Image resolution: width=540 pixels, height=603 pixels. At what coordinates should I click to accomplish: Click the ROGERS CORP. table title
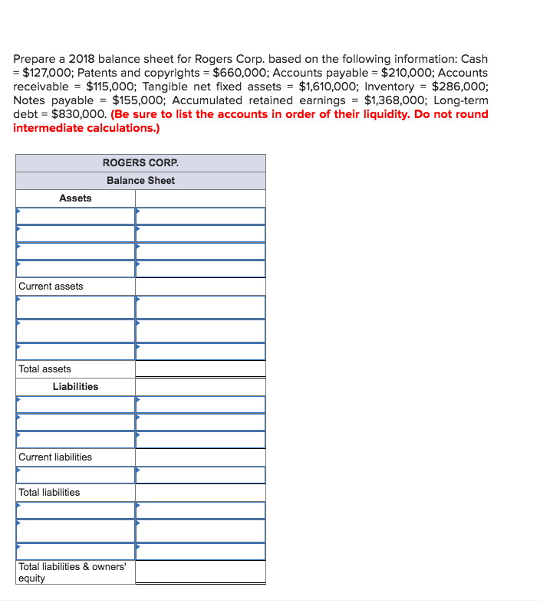point(140,162)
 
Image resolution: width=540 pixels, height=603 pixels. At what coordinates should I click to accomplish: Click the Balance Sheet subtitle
point(140,180)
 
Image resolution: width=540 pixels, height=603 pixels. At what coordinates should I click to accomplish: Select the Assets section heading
point(75,198)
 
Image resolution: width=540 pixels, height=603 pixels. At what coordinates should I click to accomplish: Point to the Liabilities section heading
point(75,386)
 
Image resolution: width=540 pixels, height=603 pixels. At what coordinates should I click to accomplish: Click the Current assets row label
point(51,286)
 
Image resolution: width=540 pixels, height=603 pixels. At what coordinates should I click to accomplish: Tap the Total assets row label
point(44,369)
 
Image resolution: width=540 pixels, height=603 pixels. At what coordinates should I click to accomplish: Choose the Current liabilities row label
point(55,457)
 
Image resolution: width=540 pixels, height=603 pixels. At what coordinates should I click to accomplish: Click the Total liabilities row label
point(49,492)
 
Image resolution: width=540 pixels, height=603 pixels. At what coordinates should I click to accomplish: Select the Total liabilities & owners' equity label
point(72,572)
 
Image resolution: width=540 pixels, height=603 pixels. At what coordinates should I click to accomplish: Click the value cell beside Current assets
point(200,286)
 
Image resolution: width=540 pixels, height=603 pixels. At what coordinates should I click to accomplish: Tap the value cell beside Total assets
point(200,369)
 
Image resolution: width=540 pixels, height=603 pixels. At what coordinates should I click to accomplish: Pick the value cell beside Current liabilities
point(200,457)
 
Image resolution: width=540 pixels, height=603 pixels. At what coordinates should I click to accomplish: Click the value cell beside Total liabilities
point(200,492)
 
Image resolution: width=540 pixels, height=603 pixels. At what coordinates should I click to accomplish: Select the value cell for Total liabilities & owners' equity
point(200,572)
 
